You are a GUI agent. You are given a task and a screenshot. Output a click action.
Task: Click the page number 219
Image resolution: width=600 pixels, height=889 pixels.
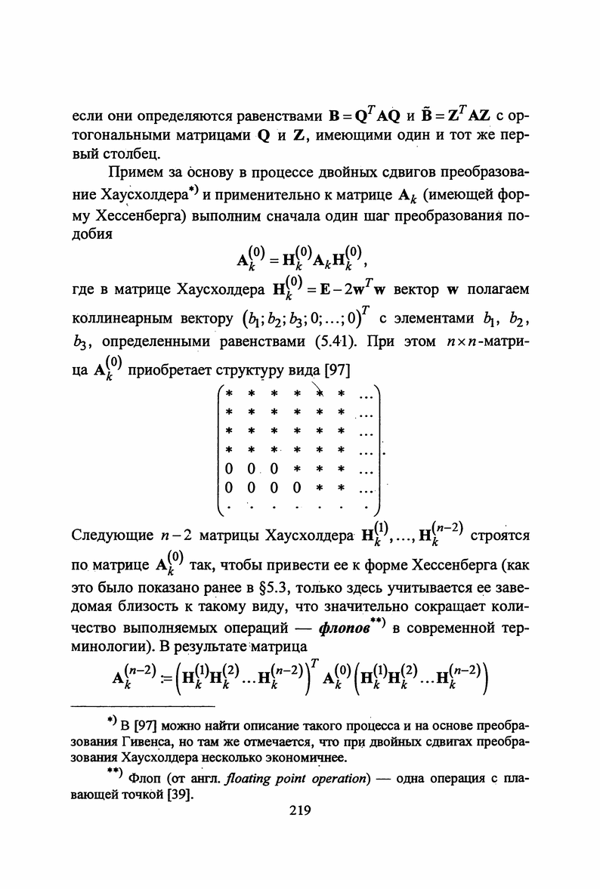point(300,812)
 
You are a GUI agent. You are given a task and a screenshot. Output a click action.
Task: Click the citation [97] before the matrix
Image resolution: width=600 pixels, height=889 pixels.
point(336,372)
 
